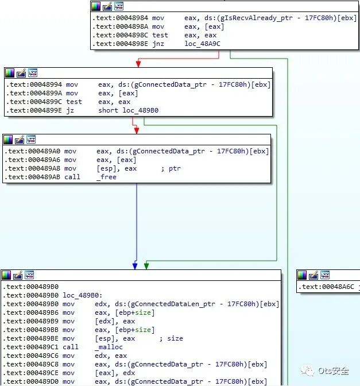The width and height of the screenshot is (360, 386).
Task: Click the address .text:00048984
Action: (x=119, y=18)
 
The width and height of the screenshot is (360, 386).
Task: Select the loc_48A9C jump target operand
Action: (x=202, y=43)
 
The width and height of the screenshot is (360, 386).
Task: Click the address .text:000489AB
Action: (x=32, y=177)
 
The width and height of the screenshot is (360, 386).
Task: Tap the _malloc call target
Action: (x=109, y=347)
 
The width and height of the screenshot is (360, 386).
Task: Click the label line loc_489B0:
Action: (x=79, y=295)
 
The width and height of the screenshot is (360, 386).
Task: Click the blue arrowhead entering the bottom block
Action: (x=135, y=266)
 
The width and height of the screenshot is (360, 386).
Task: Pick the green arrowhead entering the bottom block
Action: (x=146, y=266)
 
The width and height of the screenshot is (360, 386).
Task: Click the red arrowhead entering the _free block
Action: (x=137, y=130)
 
